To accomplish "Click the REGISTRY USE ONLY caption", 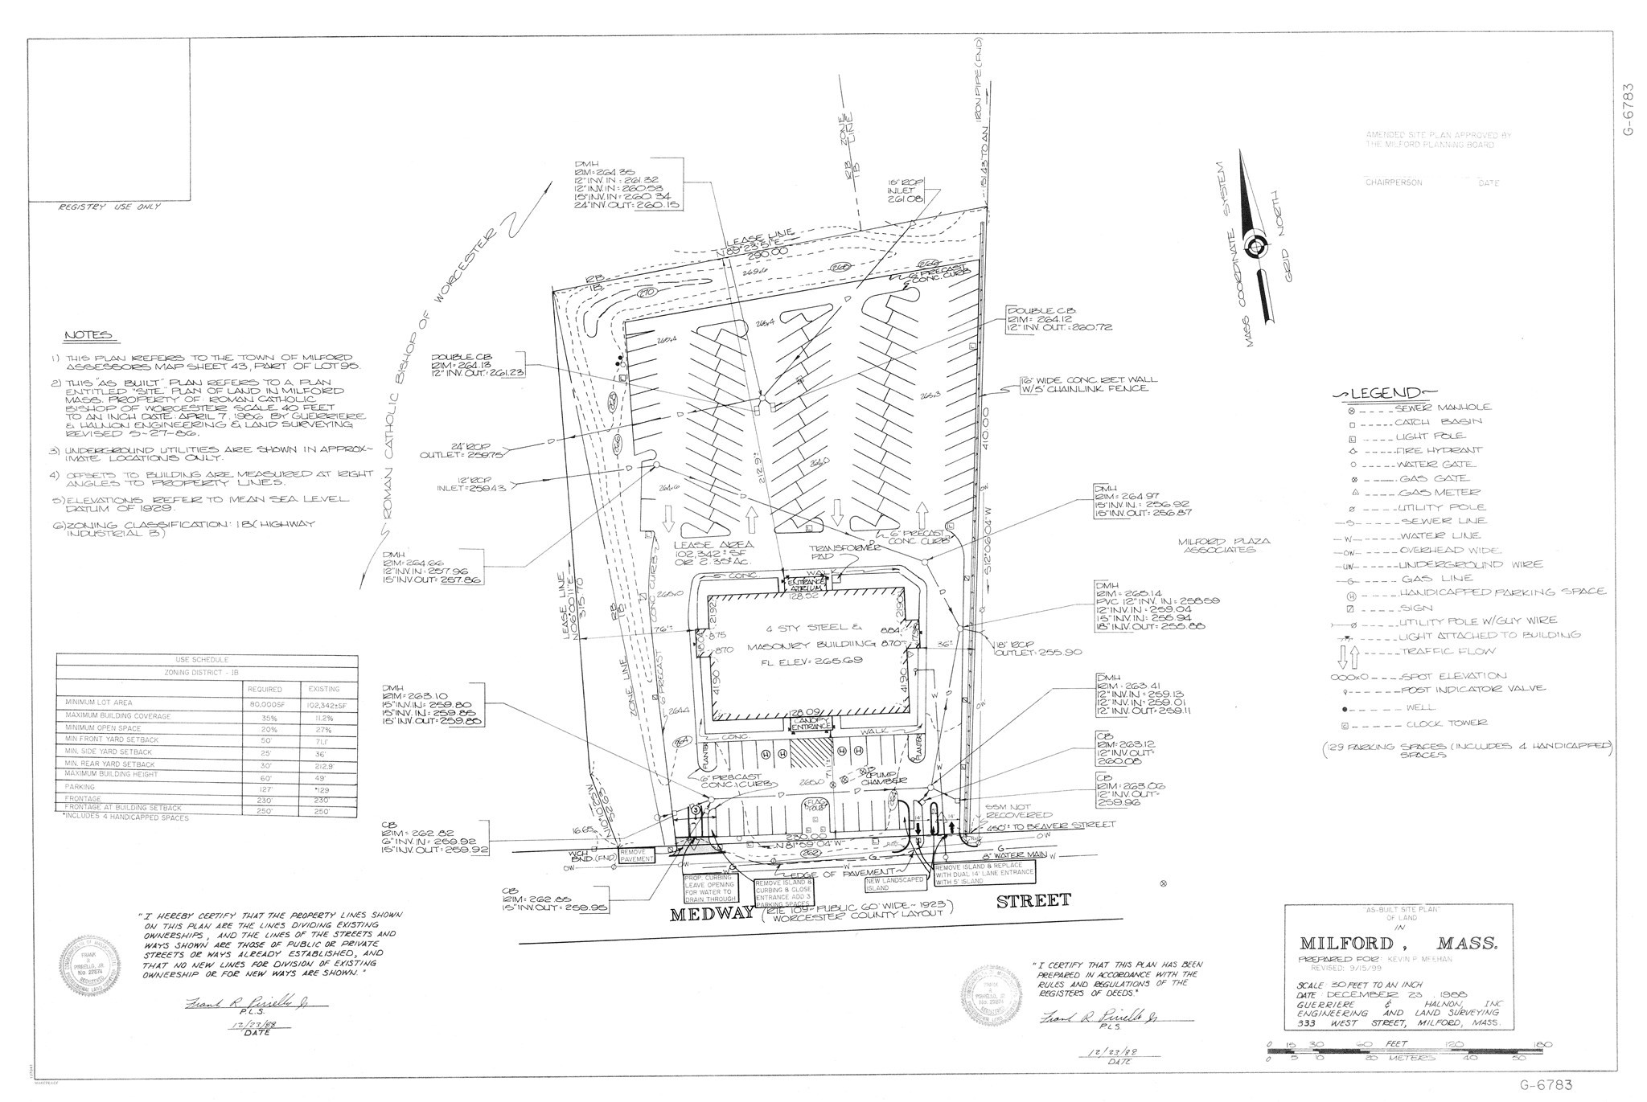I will tap(109, 207).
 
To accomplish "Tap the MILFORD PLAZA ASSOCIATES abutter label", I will tap(1224, 546).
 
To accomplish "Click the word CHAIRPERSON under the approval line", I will tap(1393, 182).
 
